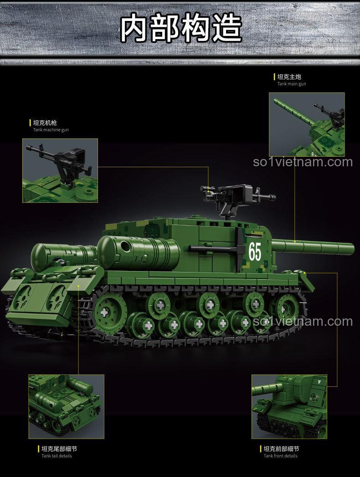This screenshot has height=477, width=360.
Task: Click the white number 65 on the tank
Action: [x=255, y=250]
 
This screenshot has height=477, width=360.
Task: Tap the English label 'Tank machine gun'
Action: [x=51, y=130]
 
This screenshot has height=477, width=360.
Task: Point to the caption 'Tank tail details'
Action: [x=57, y=456]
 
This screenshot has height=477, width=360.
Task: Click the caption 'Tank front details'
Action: [x=281, y=456]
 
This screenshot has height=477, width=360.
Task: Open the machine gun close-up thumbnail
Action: [x=60, y=170]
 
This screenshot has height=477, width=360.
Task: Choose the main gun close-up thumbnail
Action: [x=306, y=124]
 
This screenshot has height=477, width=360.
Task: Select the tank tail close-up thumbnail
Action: [x=66, y=407]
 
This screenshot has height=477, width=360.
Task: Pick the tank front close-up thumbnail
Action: [x=288, y=407]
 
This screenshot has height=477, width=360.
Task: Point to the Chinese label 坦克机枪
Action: [x=45, y=123]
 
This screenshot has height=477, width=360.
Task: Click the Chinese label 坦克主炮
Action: [x=289, y=77]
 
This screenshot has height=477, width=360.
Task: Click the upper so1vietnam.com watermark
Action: [x=303, y=162]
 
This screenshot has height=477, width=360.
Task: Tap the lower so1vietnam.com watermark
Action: [x=303, y=322]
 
